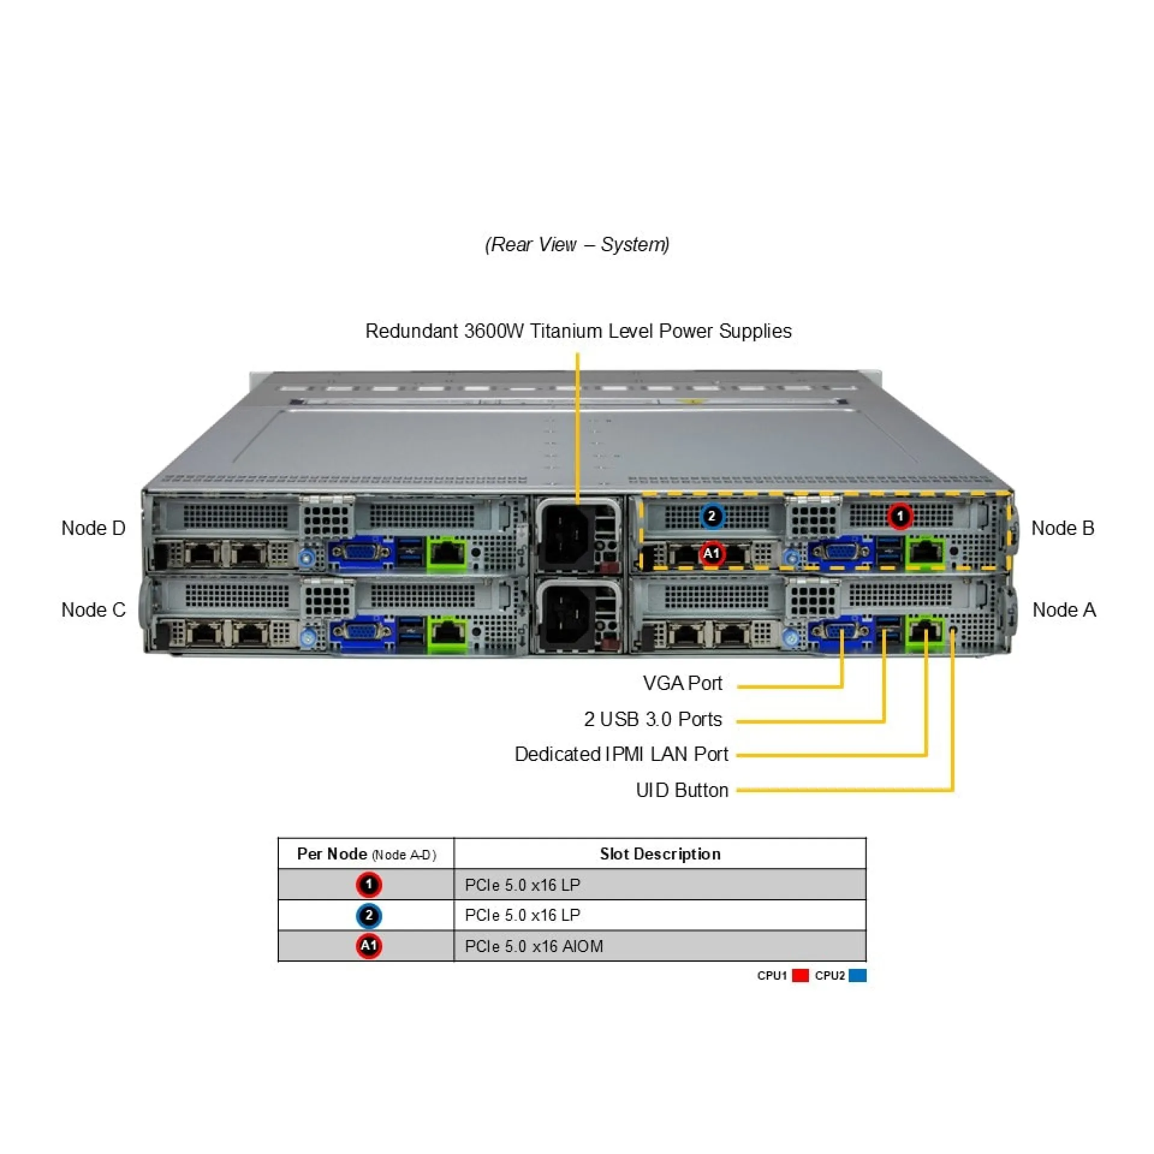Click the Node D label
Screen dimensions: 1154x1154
(x=93, y=528)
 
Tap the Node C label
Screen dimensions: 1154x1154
(x=93, y=610)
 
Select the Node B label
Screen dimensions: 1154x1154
(x=1062, y=528)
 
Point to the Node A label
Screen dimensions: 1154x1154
(x=1063, y=610)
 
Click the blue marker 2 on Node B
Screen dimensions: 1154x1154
(x=712, y=516)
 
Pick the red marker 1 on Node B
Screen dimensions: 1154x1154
(x=900, y=516)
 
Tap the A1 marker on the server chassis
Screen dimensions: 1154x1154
(x=712, y=554)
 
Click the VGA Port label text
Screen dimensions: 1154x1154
(x=682, y=683)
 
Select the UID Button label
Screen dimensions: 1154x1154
(x=682, y=790)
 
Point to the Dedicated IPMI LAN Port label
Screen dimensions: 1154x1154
(x=621, y=754)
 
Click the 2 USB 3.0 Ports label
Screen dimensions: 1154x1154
(x=653, y=719)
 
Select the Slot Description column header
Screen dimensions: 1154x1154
(x=659, y=854)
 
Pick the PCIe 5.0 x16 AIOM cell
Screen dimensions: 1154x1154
(x=534, y=947)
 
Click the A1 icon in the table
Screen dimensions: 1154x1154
(x=368, y=946)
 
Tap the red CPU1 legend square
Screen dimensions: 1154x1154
(x=800, y=975)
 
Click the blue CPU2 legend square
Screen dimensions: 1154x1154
(x=858, y=975)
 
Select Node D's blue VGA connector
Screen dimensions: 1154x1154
(x=361, y=552)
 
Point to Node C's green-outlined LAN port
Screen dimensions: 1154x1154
(x=447, y=633)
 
